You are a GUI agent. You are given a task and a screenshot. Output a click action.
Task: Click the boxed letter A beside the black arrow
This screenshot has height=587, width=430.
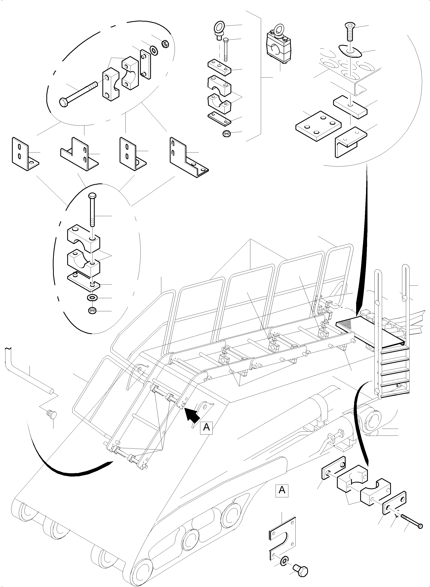(x=206, y=427)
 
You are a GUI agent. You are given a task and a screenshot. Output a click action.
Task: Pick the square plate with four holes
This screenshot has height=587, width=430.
(x=318, y=126)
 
